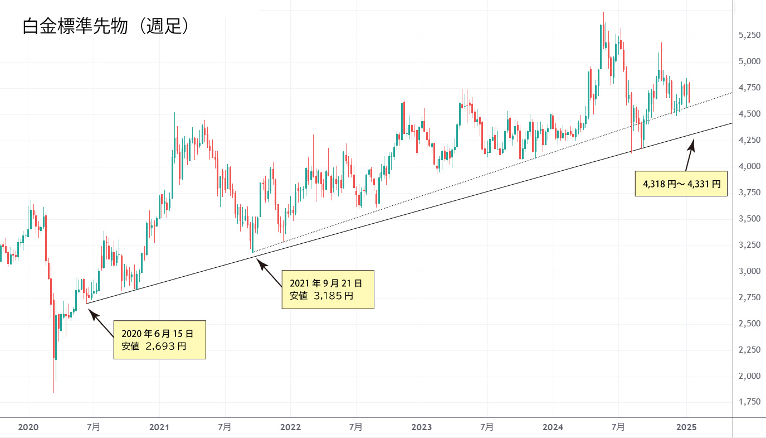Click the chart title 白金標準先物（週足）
tap(105, 26)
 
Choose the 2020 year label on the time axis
tap(28, 427)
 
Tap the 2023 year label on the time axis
tap(422, 427)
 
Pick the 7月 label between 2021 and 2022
tap(225, 427)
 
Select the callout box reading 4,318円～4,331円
tap(681, 184)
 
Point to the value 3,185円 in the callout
tap(333, 296)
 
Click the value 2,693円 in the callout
tap(165, 346)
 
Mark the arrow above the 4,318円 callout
tap(690, 155)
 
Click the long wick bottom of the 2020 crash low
tap(53, 392)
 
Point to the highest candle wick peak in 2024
tap(604, 12)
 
